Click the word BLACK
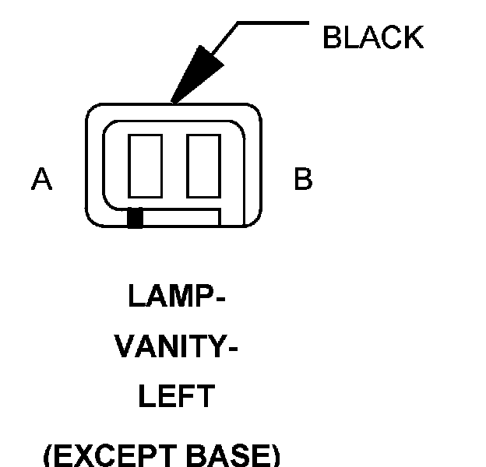tap(372, 38)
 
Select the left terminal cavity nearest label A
tap(146, 165)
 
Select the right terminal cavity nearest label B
tap(204, 165)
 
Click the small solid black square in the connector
tap(135, 219)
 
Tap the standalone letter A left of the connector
tap(41, 180)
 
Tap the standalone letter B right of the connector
tap(302, 180)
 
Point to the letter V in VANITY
tap(125, 348)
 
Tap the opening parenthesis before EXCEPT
tap(48, 455)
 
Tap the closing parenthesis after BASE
tap(275, 455)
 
